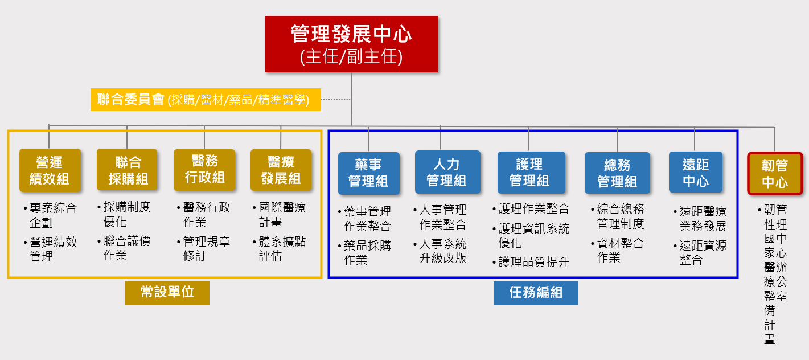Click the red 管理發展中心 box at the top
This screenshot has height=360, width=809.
pyautogui.click(x=351, y=44)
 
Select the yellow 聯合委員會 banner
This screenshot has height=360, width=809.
pyautogui.click(x=206, y=100)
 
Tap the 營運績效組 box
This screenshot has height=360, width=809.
pyautogui.click(x=49, y=170)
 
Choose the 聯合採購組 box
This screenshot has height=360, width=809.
pyautogui.click(x=127, y=170)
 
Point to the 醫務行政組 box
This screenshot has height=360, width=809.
pyautogui.click(x=204, y=169)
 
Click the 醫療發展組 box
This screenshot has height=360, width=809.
pyautogui.click(x=281, y=170)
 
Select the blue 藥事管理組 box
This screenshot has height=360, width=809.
pyautogui.click(x=368, y=173)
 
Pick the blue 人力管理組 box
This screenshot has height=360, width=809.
pyautogui.click(x=447, y=173)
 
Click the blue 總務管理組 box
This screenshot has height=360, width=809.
pyautogui.click(x=617, y=173)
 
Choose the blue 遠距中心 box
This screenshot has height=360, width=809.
pyautogui.click(x=695, y=173)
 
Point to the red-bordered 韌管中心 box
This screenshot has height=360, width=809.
pyautogui.click(x=775, y=174)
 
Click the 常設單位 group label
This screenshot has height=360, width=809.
pyautogui.click(x=167, y=292)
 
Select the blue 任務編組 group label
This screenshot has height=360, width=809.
pyautogui.click(x=536, y=293)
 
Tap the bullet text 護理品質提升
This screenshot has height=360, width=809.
pyautogui.click(x=533, y=262)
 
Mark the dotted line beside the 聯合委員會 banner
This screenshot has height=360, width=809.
pyautogui.click(x=336, y=100)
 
